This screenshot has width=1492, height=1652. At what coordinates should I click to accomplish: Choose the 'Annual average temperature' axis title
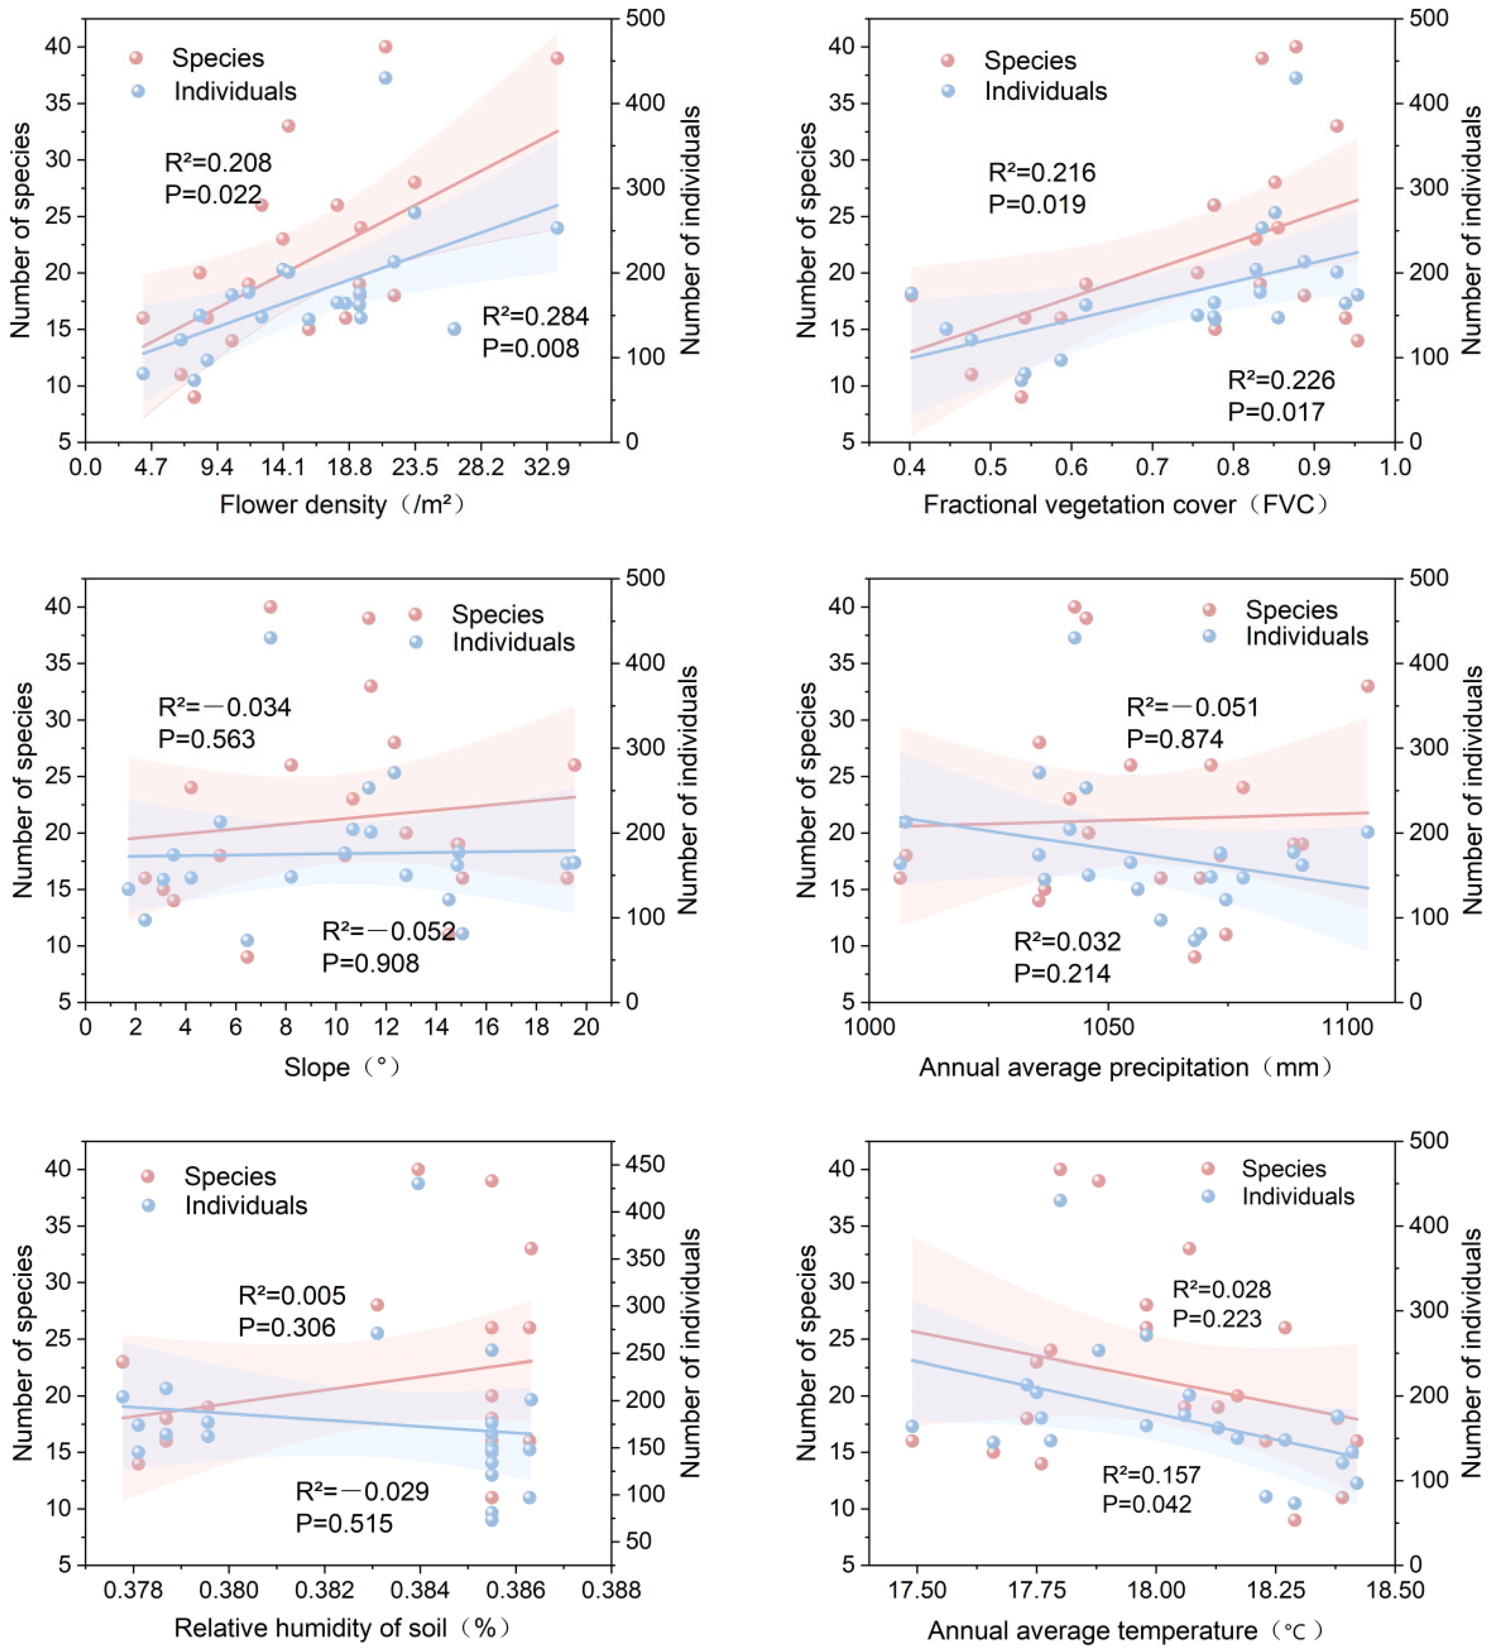tap(1092, 1630)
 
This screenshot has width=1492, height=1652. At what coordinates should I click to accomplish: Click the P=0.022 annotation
tap(213, 194)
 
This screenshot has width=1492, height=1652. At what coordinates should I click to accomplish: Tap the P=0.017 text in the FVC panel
tap(1276, 412)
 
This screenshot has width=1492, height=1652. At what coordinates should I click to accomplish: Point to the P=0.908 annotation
tap(370, 963)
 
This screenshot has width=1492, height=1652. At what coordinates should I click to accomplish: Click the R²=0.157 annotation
tap(1151, 1475)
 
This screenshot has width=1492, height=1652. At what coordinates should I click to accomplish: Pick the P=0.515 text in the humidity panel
tap(344, 1524)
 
